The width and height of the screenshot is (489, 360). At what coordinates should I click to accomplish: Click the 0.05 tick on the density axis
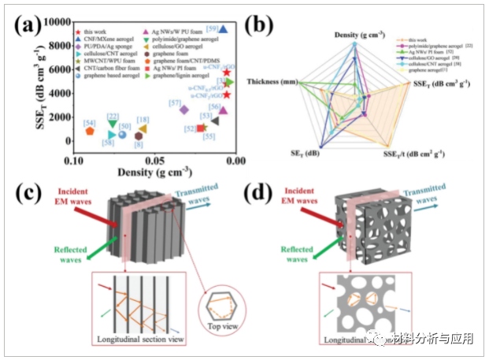pyautogui.click(x=154, y=159)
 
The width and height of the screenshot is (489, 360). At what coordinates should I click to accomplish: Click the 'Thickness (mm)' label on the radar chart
pyautogui.click(x=272, y=81)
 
